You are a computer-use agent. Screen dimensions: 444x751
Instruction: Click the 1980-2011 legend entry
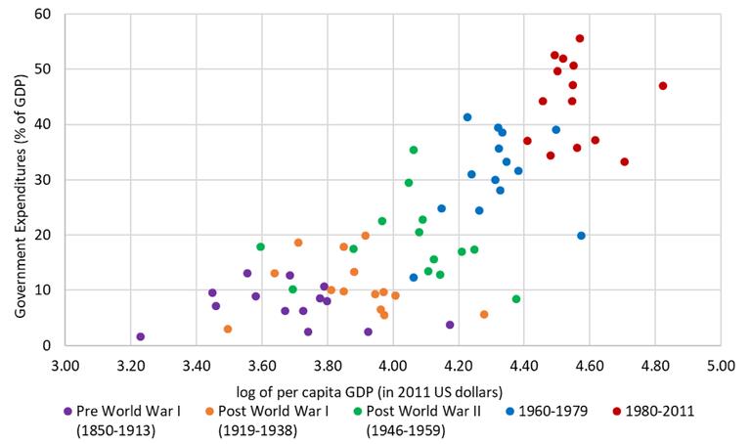point(650,411)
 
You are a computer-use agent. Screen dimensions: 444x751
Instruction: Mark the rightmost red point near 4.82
point(663,86)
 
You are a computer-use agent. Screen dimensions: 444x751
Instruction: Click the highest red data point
point(580,39)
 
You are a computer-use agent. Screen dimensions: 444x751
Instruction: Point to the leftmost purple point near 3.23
point(141,336)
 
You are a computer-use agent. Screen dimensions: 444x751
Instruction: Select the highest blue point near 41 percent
point(467,117)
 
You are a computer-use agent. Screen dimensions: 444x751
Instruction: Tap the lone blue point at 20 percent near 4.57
point(581,236)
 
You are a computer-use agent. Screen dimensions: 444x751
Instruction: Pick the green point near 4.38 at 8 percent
point(516,299)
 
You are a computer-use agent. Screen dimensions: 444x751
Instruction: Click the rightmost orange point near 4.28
point(484,315)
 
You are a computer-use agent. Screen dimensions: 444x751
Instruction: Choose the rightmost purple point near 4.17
point(450,325)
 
